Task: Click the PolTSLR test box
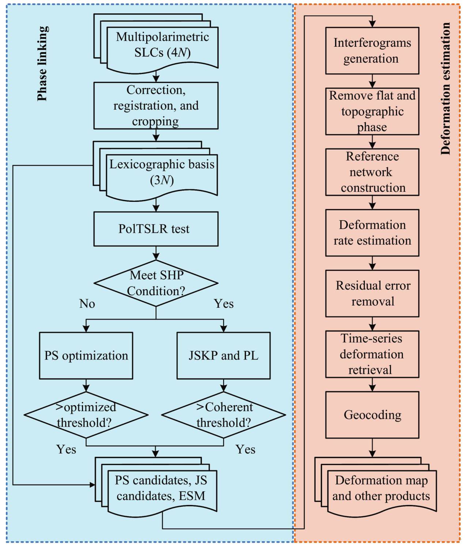click(x=156, y=229)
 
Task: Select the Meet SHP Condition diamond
click(x=156, y=283)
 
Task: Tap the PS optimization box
click(x=86, y=355)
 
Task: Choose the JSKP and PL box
click(x=223, y=355)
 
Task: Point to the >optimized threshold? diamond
click(x=86, y=415)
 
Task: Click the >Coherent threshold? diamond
click(x=223, y=415)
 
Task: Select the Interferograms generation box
click(x=372, y=50)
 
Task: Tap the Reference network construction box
click(x=372, y=172)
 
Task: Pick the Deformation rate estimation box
click(x=372, y=233)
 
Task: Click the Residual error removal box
click(x=372, y=293)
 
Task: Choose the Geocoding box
click(x=372, y=415)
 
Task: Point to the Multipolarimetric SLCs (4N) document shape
click(x=162, y=45)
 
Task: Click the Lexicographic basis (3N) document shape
click(x=162, y=172)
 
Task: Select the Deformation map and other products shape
click(x=381, y=488)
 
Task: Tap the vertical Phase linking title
click(x=42, y=63)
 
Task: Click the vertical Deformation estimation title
click(x=446, y=88)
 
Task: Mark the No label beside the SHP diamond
click(x=87, y=303)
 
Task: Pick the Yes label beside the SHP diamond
click(x=224, y=303)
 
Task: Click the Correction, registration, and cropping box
click(x=156, y=105)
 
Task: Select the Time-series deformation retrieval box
click(x=372, y=354)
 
